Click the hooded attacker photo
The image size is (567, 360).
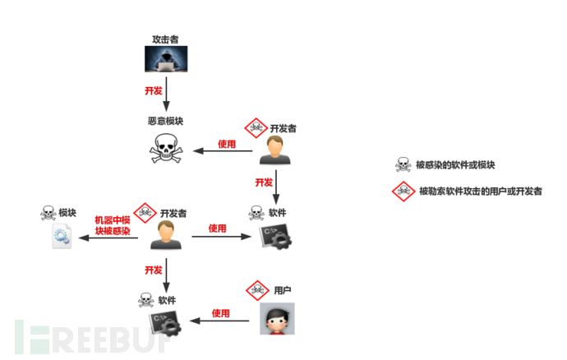pos(166,59)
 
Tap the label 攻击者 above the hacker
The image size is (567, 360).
pos(165,39)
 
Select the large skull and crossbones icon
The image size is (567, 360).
pos(166,148)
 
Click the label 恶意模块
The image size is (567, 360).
pos(166,121)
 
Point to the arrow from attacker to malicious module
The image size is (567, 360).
pos(166,94)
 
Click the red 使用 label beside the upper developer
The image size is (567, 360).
pos(227,144)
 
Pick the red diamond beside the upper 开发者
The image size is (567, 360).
pos(256,127)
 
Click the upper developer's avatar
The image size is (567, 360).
pos(275,150)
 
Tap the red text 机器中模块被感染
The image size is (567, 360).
pos(113,225)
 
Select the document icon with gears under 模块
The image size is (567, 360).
pos(62,236)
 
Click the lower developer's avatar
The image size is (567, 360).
pos(166,235)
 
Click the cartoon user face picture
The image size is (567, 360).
pos(278,319)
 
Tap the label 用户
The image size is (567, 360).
pos(283,290)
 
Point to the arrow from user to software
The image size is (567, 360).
pos(219,321)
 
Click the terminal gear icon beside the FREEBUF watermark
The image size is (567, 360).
pos(165,324)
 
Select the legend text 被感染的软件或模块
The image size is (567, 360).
pos(455,165)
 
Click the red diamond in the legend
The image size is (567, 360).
pos(403,191)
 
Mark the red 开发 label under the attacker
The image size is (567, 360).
pos(154,90)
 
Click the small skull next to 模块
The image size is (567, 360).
pos(48,213)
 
